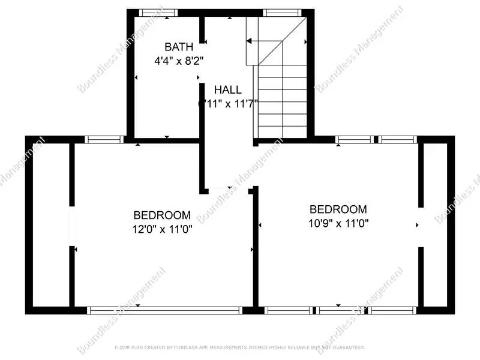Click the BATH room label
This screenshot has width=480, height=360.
pyautogui.click(x=179, y=47)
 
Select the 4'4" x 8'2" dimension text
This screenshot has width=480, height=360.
pyautogui.click(x=179, y=60)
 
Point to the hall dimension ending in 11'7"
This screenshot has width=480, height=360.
pyautogui.click(x=228, y=103)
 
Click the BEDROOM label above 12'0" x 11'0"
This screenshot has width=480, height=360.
pyautogui.click(x=162, y=215)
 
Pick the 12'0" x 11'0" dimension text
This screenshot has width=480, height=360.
pyautogui.click(x=162, y=228)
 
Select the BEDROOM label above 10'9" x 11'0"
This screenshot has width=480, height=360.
pyautogui.click(x=338, y=209)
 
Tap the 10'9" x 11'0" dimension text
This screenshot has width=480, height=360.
pyautogui.click(x=338, y=223)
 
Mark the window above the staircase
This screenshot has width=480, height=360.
pyautogui.click(x=282, y=13)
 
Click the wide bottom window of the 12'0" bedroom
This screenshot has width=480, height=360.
pyautogui.click(x=164, y=310)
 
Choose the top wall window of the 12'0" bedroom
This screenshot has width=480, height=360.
pyautogui.click(x=104, y=140)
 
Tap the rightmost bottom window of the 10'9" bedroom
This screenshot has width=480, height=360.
pyautogui.click(x=392, y=310)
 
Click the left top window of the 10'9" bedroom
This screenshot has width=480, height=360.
pyautogui.click(x=353, y=140)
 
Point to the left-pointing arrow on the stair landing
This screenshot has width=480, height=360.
pyautogui.click(x=250, y=41)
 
